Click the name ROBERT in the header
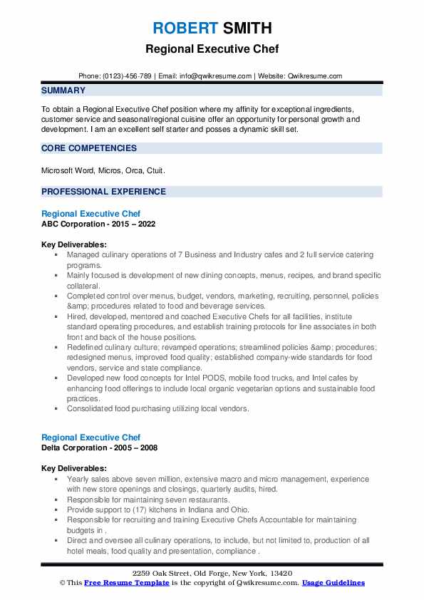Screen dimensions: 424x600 click(x=185, y=29)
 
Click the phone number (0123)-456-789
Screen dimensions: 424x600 click(x=127, y=76)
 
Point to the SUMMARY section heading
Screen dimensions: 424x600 click(x=63, y=90)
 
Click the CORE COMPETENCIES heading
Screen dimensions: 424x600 click(x=89, y=148)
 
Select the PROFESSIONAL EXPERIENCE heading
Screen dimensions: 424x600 click(x=103, y=192)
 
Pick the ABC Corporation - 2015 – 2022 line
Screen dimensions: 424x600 click(x=98, y=224)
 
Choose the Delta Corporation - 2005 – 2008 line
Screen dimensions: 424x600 click(x=100, y=448)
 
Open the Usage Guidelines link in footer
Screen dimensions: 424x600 click(x=333, y=583)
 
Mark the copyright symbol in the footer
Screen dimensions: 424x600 click(x=62, y=583)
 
